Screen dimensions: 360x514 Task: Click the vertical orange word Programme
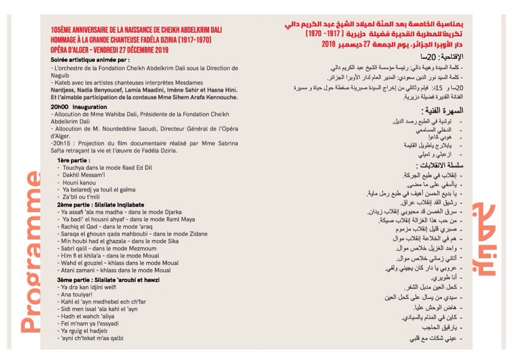[x=31, y=252]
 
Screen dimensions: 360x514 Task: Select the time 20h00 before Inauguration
[x=60, y=106]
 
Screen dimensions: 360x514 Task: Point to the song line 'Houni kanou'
[x=79, y=182]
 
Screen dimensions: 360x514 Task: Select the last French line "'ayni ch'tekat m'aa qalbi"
[x=93, y=338]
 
